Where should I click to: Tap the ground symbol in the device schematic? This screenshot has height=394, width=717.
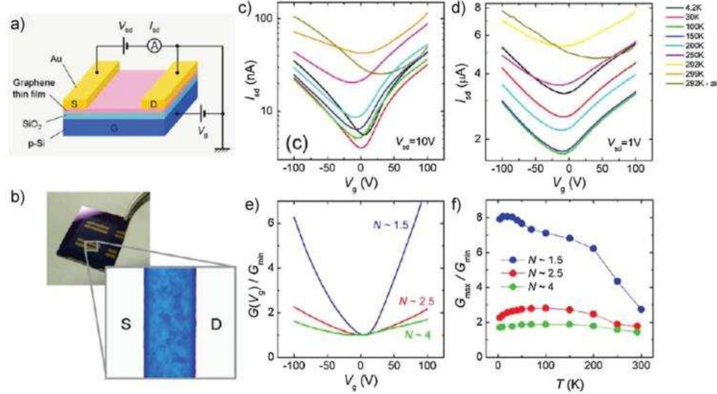(x=223, y=150)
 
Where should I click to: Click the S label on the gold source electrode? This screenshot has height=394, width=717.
(x=74, y=104)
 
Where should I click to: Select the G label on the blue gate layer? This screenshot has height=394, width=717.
(x=114, y=128)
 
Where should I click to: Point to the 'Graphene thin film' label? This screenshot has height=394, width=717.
(x=34, y=89)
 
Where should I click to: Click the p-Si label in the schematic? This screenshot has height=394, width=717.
(x=36, y=143)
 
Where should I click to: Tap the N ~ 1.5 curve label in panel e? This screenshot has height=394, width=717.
(x=390, y=225)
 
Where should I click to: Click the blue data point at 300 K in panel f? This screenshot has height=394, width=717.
(x=641, y=309)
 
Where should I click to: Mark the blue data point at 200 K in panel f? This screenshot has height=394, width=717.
(x=593, y=249)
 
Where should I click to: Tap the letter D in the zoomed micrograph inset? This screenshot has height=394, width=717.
(x=216, y=324)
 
